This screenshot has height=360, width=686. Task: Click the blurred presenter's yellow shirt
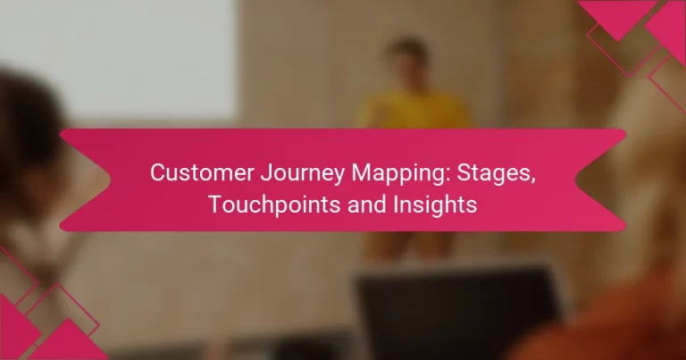point(413,112)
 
